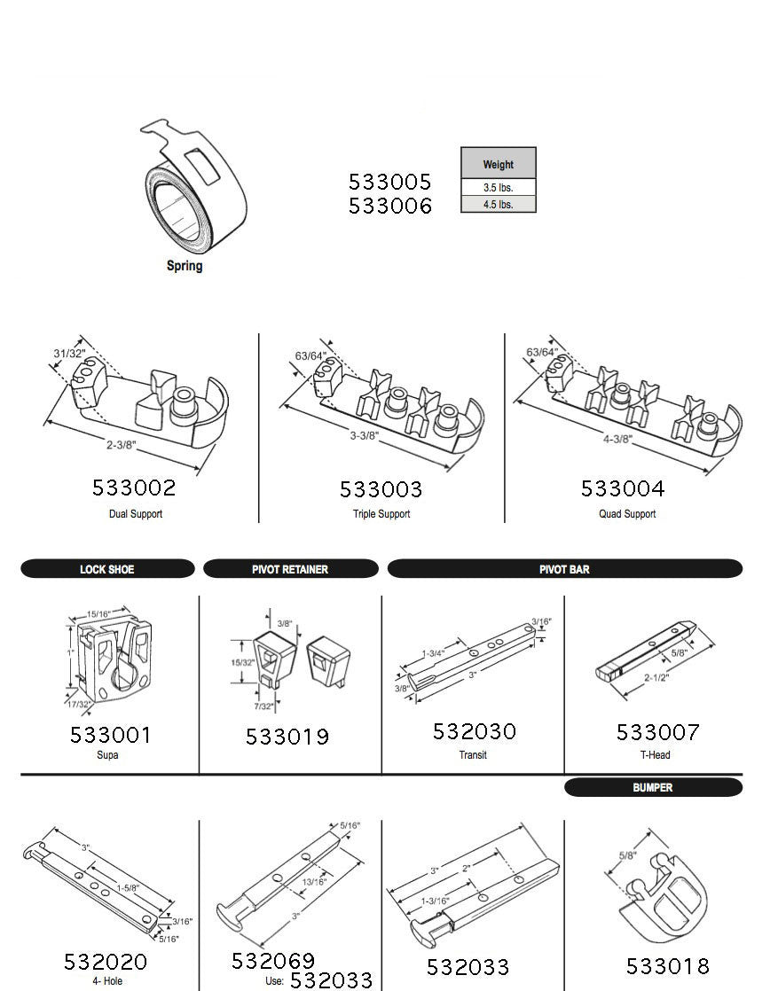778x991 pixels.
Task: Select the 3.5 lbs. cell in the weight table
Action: tap(499, 188)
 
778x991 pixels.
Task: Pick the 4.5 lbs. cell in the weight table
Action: tap(499, 204)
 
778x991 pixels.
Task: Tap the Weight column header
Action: tap(499, 164)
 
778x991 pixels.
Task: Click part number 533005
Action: tap(389, 182)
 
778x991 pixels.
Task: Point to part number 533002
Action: tap(134, 488)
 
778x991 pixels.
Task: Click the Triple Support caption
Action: tap(381, 514)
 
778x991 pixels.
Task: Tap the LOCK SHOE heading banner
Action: tap(107, 569)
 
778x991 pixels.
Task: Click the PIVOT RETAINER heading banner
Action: tap(290, 569)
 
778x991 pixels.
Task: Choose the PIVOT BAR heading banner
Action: tap(564, 569)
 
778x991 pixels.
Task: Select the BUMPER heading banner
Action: tap(653, 787)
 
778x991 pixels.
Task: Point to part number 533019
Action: tap(287, 737)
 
